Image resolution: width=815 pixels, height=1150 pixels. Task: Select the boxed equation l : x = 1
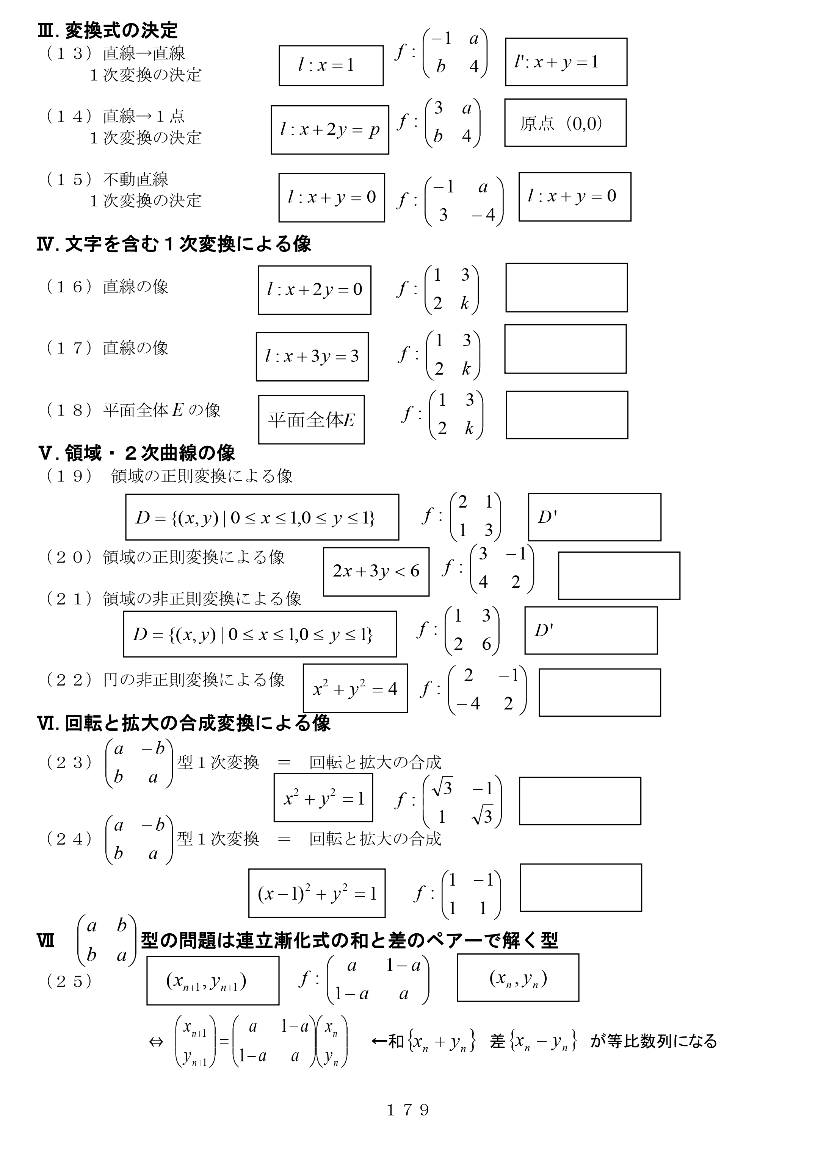click(331, 66)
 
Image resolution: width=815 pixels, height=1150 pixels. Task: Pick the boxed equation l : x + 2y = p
click(330, 130)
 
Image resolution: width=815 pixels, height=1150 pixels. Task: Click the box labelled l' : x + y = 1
click(566, 62)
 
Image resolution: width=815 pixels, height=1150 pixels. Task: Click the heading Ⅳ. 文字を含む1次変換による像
click(174, 244)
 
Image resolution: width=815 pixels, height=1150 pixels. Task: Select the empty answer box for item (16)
click(567, 288)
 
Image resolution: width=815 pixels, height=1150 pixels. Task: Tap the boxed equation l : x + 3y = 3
click(312, 356)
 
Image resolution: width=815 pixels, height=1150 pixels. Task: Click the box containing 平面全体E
click(311, 420)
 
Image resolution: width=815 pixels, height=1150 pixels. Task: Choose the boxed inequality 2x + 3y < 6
click(376, 572)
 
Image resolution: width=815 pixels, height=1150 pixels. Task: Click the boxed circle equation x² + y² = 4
click(355, 688)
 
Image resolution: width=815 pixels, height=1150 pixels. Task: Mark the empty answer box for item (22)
click(600, 692)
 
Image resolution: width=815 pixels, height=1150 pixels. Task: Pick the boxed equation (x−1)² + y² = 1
click(317, 893)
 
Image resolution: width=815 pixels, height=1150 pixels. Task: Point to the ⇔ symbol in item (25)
click(156, 1042)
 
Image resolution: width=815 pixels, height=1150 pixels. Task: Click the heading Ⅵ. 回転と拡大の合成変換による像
click(184, 723)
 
